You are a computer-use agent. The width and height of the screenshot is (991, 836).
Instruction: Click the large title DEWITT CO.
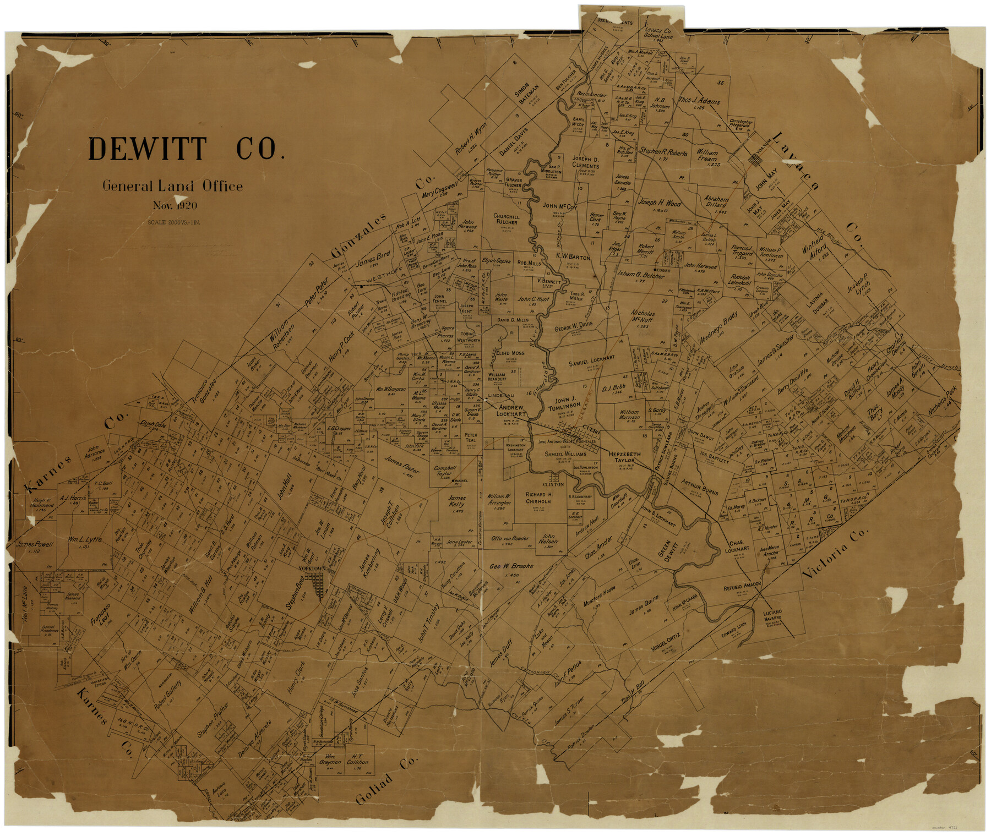point(186,149)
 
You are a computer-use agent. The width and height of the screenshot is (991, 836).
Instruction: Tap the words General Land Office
point(172,186)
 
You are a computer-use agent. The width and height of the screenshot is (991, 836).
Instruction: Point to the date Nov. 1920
point(175,206)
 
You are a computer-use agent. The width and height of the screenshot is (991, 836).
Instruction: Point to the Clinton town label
point(553,485)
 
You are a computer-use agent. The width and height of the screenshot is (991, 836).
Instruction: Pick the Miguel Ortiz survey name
point(665,642)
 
